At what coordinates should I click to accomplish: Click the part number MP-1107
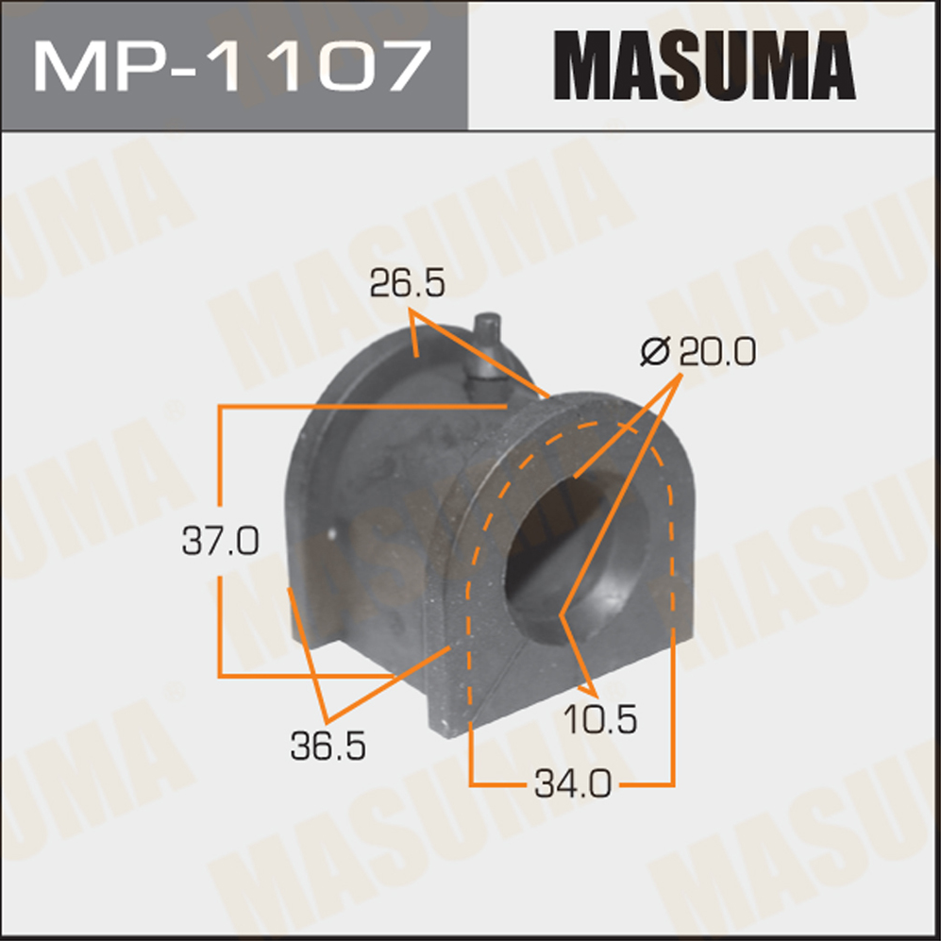click(231, 65)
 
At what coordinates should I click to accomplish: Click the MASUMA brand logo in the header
click(704, 65)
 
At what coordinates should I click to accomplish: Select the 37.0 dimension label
click(220, 541)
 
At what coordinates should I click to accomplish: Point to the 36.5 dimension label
click(328, 747)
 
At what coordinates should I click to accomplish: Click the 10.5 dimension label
click(600, 719)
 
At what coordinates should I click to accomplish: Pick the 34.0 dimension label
click(573, 784)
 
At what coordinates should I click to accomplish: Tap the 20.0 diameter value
click(717, 351)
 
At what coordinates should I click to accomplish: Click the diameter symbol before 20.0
click(655, 351)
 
